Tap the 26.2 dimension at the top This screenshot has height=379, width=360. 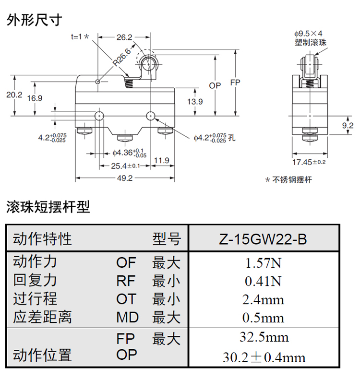coord(124,37)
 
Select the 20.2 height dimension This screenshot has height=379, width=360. coord(14,95)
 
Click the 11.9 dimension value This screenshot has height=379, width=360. coord(162,160)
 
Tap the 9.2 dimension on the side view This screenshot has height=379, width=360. coord(348,125)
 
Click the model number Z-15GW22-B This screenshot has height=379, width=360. coord(264,238)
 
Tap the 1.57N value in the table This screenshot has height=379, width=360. coord(264,263)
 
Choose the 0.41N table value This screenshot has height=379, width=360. coord(264,281)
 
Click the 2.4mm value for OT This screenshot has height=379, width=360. coord(264,300)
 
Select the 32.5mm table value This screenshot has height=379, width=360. coord(264,337)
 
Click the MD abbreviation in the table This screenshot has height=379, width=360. coord(127,317)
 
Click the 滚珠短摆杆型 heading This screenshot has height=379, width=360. coord(48,207)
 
